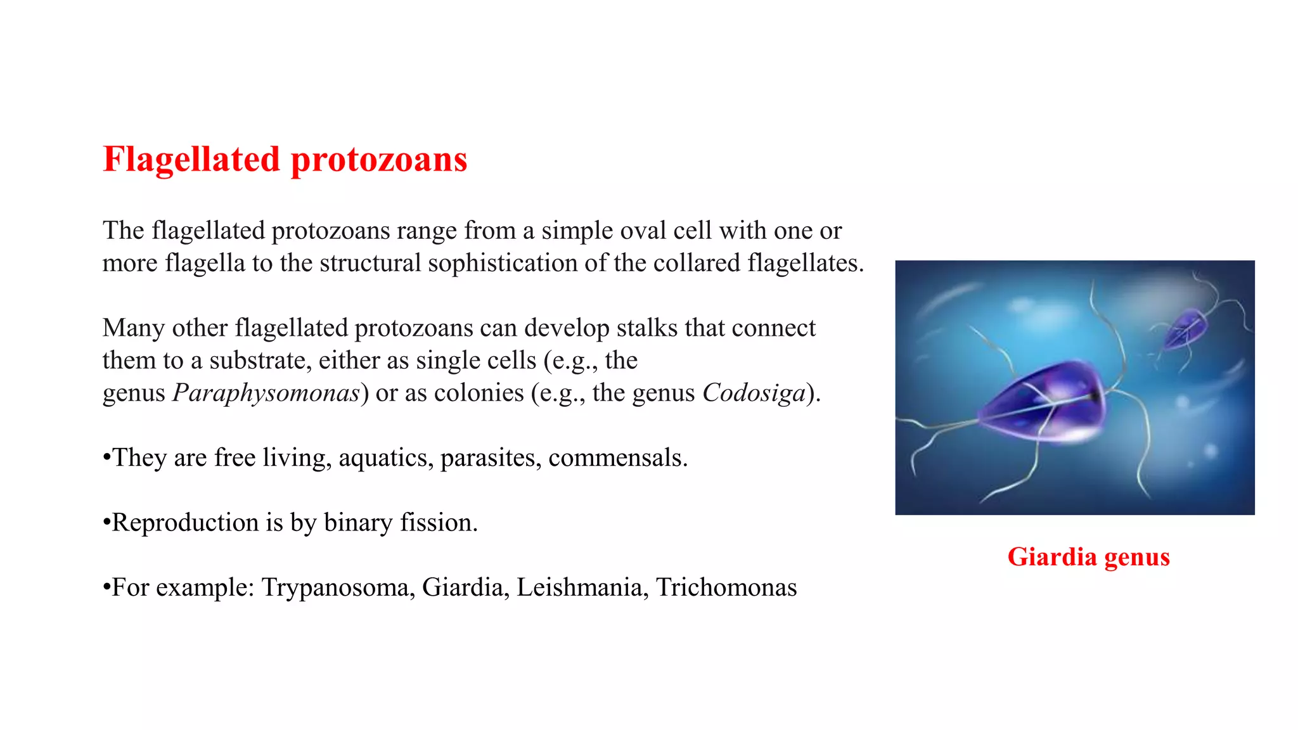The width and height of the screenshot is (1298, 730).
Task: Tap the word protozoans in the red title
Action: [x=379, y=159]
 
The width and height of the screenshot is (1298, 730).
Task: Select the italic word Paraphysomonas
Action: [x=266, y=393]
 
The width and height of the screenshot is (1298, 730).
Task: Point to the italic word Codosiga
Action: [x=754, y=393]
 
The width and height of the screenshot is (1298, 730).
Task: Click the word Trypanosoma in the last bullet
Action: [x=338, y=587]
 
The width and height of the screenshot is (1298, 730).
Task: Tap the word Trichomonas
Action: [x=726, y=587]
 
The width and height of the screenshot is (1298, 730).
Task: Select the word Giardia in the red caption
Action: [x=1052, y=557]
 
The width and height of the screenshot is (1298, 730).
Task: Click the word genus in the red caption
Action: [x=1137, y=557]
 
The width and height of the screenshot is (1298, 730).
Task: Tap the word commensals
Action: [x=618, y=458]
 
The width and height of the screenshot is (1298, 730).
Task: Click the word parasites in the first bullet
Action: [x=491, y=458]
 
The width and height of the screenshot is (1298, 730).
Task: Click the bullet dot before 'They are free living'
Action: [x=106, y=458]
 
